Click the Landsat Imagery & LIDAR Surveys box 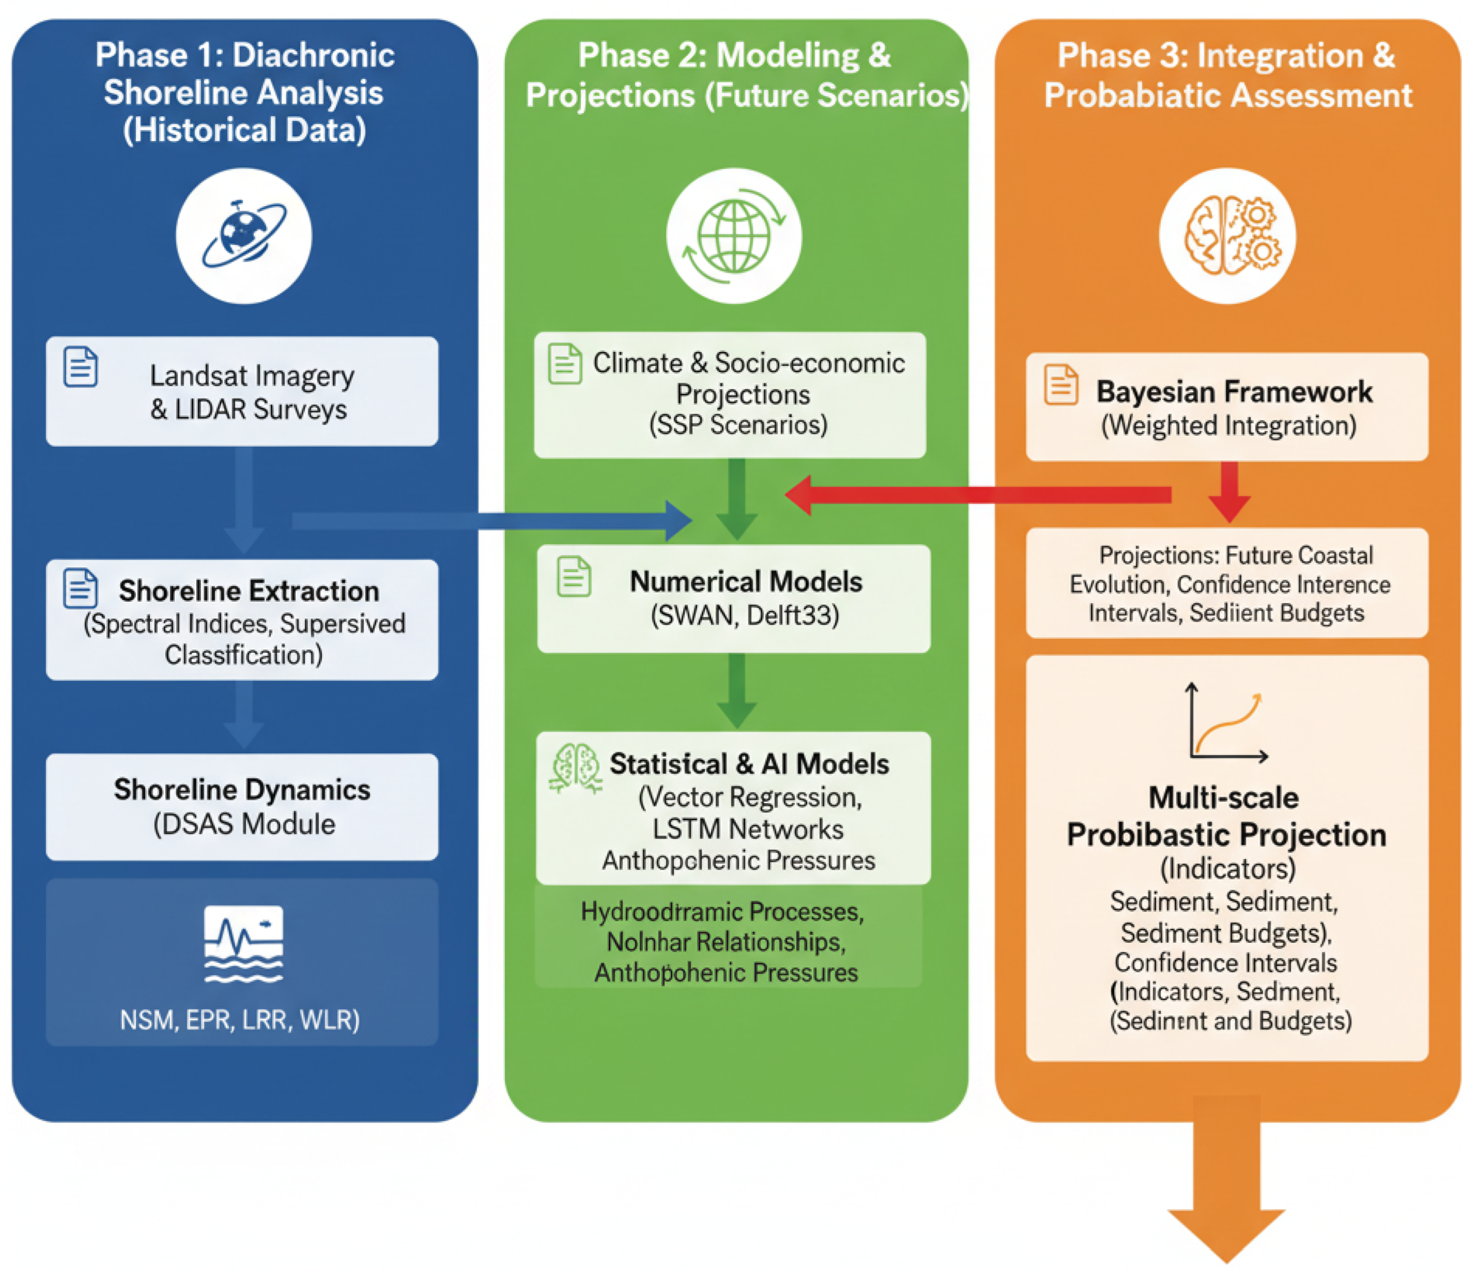242,391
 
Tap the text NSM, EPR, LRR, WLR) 240,1020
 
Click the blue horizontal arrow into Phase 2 491,521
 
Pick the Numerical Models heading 746,582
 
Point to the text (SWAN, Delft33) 744,614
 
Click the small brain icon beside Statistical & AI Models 575,767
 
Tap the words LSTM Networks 747,829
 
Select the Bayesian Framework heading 1234,391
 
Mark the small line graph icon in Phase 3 1226,724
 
